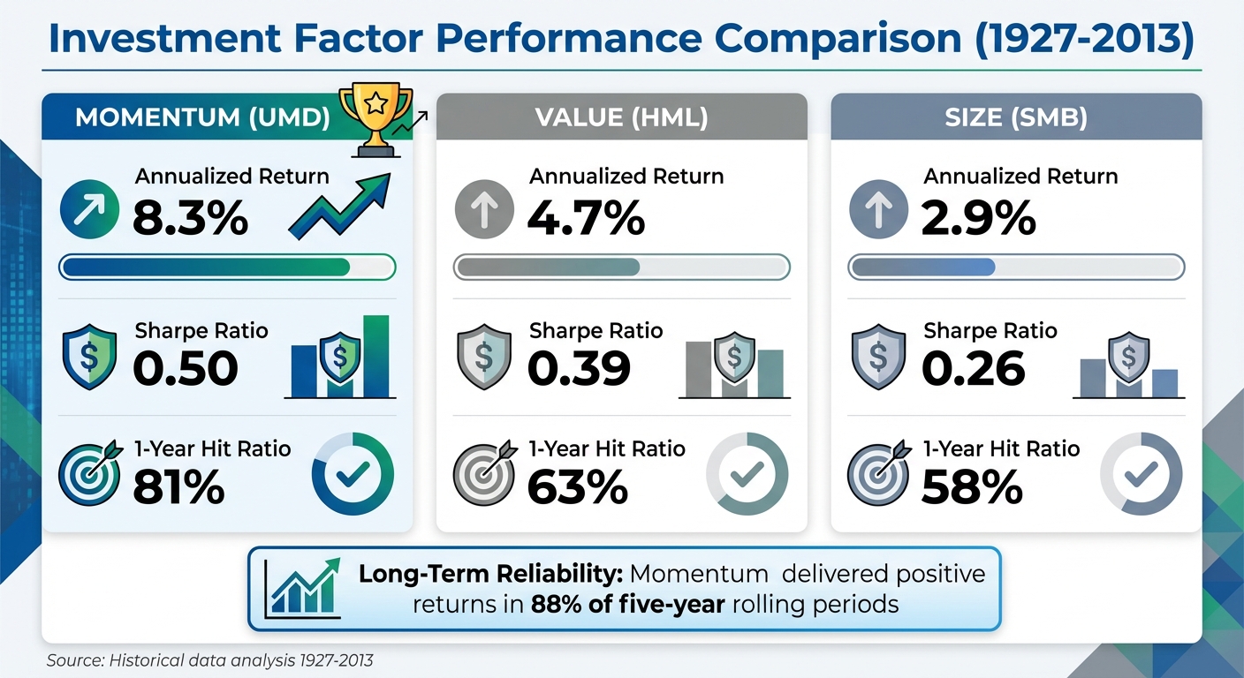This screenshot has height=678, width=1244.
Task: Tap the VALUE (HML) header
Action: (x=622, y=118)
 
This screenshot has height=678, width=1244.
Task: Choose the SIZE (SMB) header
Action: (x=1016, y=118)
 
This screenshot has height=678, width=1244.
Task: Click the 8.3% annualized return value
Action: (x=190, y=218)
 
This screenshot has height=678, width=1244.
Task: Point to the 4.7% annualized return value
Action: (x=585, y=218)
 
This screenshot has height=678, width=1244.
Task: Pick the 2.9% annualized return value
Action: (x=978, y=218)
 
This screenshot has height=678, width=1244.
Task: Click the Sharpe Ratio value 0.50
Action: (x=186, y=369)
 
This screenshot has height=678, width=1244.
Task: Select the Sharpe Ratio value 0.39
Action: (x=579, y=369)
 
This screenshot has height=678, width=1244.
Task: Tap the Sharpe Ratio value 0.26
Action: (x=973, y=369)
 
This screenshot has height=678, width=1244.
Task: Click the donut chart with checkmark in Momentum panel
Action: (x=353, y=474)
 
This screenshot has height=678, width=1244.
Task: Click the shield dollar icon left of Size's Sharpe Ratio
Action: (x=877, y=357)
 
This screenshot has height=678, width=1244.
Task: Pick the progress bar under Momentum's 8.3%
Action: (x=227, y=267)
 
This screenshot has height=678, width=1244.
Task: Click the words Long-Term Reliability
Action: (x=491, y=575)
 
